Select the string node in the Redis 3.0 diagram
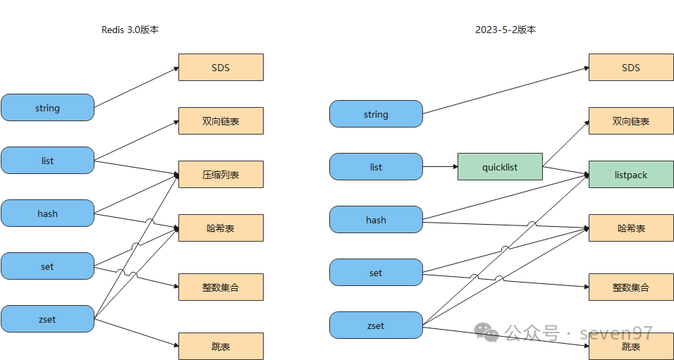pos(47,108)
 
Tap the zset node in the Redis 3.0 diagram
pos(47,319)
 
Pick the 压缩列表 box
pos(221,174)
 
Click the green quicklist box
pos(500,167)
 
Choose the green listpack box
pos(631,175)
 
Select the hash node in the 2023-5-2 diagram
pos(376,220)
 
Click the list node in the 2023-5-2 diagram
pos(376,167)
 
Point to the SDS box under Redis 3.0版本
pos(221,68)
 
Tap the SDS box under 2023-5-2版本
pos(631,68)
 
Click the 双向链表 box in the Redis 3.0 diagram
pos(221,121)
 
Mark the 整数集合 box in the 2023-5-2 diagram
pos(631,287)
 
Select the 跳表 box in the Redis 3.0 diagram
pos(221,347)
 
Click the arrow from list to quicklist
pos(440,167)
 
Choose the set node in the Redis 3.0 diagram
pos(47,266)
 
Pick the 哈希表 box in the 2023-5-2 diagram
pos(631,228)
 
